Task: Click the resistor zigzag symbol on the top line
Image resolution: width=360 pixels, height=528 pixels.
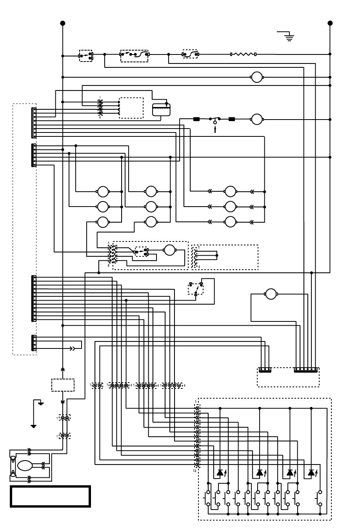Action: click(243, 54)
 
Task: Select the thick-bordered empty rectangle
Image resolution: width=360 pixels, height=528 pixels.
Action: click(50, 497)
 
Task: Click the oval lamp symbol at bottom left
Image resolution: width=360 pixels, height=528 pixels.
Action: click(25, 465)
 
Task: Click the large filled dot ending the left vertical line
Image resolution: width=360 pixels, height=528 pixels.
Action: click(63, 23)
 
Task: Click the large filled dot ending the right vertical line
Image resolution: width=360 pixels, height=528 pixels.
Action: click(330, 23)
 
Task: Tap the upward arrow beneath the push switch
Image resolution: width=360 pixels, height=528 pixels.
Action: click(215, 130)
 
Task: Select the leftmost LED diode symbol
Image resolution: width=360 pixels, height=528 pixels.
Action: click(220, 473)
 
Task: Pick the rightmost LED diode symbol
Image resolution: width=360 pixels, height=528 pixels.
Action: click(311, 473)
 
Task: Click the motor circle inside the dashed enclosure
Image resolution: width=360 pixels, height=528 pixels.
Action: click(170, 250)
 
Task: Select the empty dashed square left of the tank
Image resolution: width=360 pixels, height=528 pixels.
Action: click(131, 108)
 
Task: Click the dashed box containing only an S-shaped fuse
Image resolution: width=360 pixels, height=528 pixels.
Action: click(190, 54)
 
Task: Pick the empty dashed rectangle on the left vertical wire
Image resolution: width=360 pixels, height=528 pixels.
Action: click(63, 385)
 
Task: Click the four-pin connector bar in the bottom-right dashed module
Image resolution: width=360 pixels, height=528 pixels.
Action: click(265, 370)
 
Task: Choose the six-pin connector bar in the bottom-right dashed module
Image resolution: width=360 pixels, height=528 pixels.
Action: click(306, 370)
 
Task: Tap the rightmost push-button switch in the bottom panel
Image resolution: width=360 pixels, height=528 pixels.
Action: click(320, 498)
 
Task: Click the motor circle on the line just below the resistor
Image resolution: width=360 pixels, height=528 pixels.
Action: click(256, 77)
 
